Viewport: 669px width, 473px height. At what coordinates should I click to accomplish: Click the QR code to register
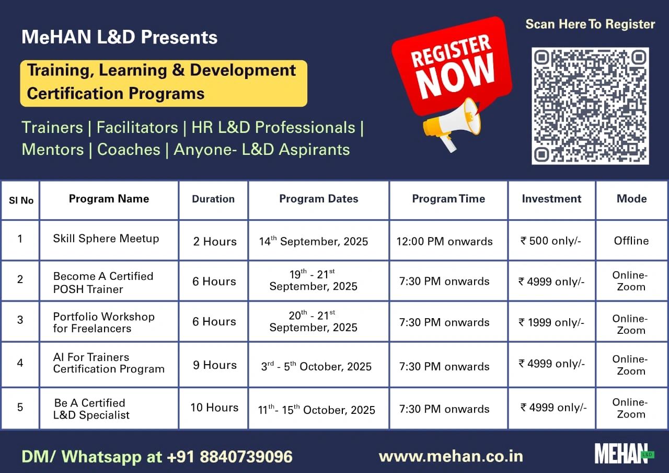[590, 106]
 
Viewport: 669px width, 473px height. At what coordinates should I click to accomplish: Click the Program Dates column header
[319, 199]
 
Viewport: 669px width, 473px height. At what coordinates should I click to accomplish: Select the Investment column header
[551, 199]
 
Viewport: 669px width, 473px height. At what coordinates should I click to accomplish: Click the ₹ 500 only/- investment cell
[551, 241]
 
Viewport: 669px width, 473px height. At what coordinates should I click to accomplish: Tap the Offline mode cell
[631, 241]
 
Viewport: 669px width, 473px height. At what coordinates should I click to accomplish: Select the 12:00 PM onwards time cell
[444, 241]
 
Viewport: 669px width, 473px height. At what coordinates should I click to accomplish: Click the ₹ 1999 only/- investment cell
[551, 322]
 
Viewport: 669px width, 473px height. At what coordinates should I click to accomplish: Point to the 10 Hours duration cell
[214, 408]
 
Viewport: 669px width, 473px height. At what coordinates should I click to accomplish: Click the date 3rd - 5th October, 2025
[316, 366]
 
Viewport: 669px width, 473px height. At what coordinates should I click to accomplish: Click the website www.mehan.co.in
[451, 457]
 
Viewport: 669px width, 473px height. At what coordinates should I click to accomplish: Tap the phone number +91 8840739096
[229, 457]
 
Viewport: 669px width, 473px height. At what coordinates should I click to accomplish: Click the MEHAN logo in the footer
[624, 454]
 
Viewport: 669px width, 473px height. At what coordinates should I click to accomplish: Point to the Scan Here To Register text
[590, 24]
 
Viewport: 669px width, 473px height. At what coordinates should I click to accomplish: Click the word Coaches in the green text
[129, 150]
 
